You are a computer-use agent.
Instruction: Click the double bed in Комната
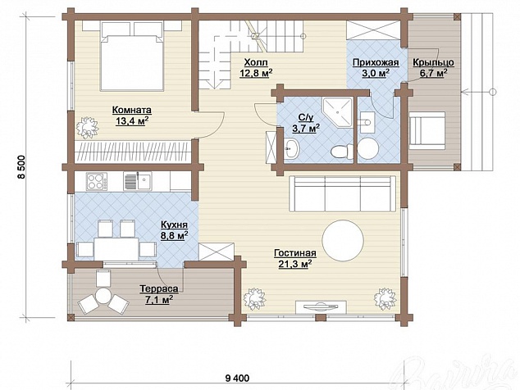coord(132,57)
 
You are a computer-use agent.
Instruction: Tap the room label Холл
coord(256,62)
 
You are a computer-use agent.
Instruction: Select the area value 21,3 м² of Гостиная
coord(294,264)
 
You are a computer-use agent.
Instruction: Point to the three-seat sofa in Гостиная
coord(342,193)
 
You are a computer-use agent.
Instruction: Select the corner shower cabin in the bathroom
coord(336,113)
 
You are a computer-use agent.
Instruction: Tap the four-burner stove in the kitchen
coord(97,182)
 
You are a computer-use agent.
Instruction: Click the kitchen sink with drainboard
coord(138,181)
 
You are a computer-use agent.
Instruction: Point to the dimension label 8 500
coord(22,167)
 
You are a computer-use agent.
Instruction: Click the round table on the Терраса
coord(103,295)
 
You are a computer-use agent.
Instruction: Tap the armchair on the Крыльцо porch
coord(426,130)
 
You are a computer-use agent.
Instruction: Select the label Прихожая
coord(376,62)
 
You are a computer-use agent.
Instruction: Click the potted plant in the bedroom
coord(87,128)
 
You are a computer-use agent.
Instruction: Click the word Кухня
coord(174,225)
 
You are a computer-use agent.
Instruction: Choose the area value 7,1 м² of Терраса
coord(159,300)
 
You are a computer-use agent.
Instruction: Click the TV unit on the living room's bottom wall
coord(321,306)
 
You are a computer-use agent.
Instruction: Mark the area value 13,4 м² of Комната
coord(132,121)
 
